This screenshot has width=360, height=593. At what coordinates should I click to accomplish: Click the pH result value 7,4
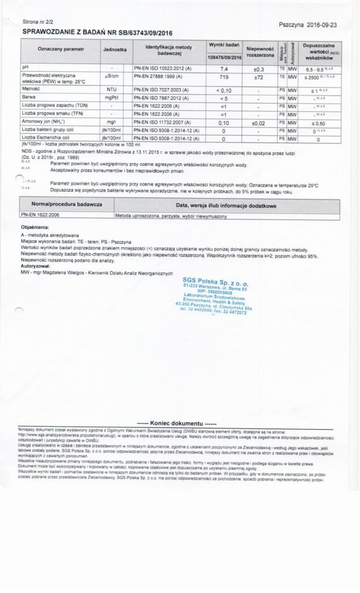pyautogui.click(x=224, y=68)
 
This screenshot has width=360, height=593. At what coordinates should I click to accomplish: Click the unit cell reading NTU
pyautogui.click(x=112, y=90)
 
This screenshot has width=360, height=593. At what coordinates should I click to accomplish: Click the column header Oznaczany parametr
pyautogui.click(x=60, y=50)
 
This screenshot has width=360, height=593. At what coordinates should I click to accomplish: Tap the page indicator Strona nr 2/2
pyautogui.click(x=39, y=21)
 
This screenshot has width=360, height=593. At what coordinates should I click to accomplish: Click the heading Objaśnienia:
pyautogui.click(x=35, y=228)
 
